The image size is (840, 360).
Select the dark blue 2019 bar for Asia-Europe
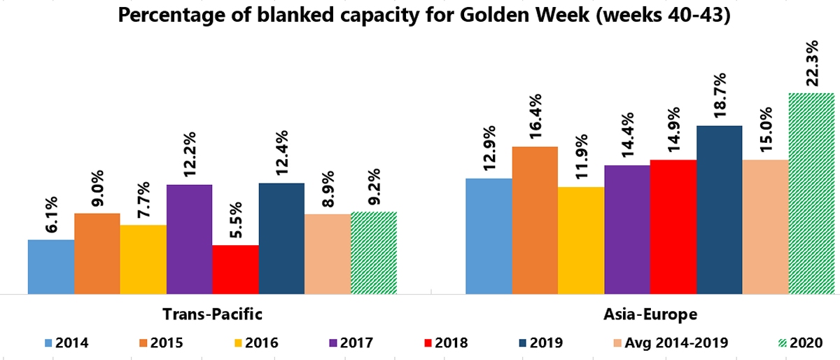[719, 209]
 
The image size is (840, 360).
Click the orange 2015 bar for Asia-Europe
[535, 220]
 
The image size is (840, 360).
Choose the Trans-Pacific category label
[212, 313]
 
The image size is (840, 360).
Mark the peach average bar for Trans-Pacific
[328, 254]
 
